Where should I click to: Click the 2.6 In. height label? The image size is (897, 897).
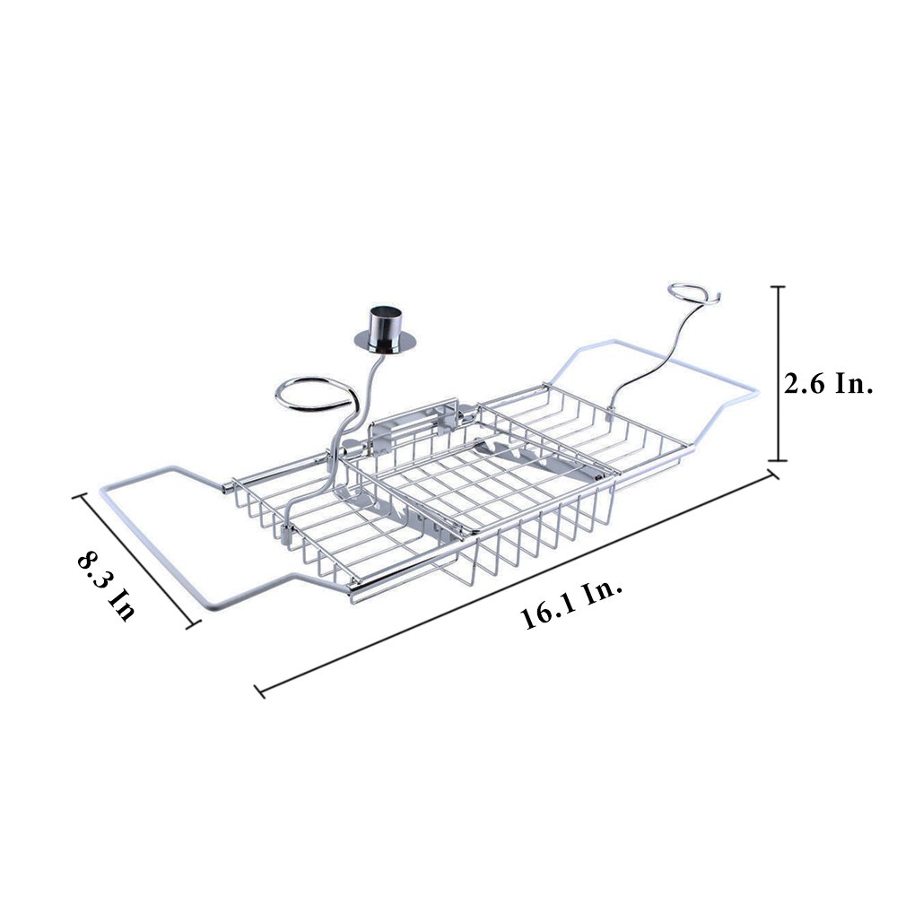coord(828,384)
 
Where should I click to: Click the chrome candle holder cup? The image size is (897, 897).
coord(384,324)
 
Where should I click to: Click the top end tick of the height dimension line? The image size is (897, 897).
coord(777,287)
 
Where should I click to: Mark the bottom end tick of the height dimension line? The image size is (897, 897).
coord(777,460)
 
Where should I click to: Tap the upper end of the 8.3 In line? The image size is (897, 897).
coord(78,496)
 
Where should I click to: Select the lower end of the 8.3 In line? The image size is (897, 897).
coord(194,624)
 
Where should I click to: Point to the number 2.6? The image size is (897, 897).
coord(805,384)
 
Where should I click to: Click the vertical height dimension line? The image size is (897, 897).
coord(777,373)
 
